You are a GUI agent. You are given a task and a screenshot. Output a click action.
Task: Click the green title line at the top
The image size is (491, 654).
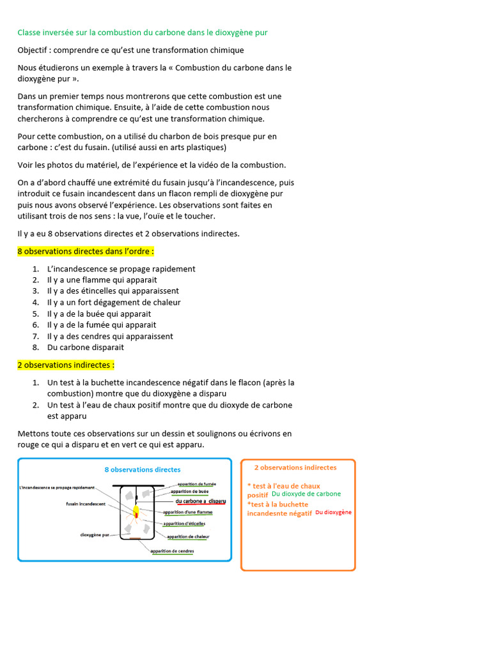[x=147, y=33]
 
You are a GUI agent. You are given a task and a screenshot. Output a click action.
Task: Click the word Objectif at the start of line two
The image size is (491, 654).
[x=35, y=50]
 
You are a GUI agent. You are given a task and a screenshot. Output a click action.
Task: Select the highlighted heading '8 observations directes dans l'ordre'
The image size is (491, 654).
[x=86, y=252]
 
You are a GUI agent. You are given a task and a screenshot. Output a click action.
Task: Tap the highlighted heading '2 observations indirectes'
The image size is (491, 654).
[x=66, y=365]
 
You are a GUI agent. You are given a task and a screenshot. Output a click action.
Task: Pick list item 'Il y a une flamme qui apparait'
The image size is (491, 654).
[x=102, y=280]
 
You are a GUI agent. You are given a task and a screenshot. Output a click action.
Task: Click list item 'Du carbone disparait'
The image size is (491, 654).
[x=86, y=347]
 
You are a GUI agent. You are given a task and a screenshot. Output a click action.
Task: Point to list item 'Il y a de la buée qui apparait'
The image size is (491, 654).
[x=99, y=314]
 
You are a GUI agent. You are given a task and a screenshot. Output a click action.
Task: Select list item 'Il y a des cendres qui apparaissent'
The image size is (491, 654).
[x=110, y=336]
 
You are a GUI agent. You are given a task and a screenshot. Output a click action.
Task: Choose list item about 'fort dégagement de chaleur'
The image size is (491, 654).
[x=114, y=302]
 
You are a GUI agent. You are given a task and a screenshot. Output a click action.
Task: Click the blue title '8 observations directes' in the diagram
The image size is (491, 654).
[x=143, y=469]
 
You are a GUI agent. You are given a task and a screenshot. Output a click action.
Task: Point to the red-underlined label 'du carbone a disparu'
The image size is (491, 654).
[x=200, y=501]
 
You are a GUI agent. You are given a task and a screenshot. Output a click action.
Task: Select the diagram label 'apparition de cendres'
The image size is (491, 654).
[x=172, y=551]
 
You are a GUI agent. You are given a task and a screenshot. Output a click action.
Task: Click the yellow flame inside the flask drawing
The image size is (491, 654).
[x=136, y=509]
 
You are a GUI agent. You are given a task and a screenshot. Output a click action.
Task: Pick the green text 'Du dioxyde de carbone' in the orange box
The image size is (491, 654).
[x=306, y=494]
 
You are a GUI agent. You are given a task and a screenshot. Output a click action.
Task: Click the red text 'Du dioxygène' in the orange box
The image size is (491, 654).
[x=333, y=512]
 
